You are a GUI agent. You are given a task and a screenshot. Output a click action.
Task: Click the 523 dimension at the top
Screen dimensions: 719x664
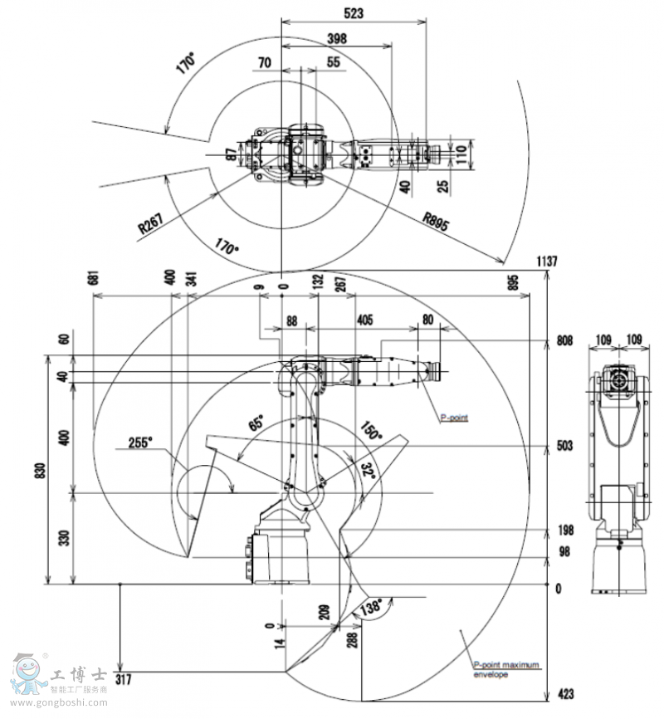(354, 12)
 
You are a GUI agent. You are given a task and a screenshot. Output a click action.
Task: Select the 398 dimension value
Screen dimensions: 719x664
(336, 38)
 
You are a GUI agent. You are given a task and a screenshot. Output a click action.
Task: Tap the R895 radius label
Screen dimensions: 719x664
(437, 220)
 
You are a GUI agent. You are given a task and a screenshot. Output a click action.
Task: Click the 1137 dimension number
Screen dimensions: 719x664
(546, 262)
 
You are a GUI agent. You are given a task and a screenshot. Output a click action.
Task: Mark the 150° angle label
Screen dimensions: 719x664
(370, 431)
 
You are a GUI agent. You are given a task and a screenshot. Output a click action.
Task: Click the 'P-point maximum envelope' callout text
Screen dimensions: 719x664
(505, 669)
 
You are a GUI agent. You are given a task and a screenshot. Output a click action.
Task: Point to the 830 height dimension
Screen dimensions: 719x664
(32, 471)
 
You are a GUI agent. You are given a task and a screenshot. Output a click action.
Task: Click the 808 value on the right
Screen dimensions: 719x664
(564, 340)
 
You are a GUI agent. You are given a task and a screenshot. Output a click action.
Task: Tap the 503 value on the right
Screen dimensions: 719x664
(564, 447)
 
